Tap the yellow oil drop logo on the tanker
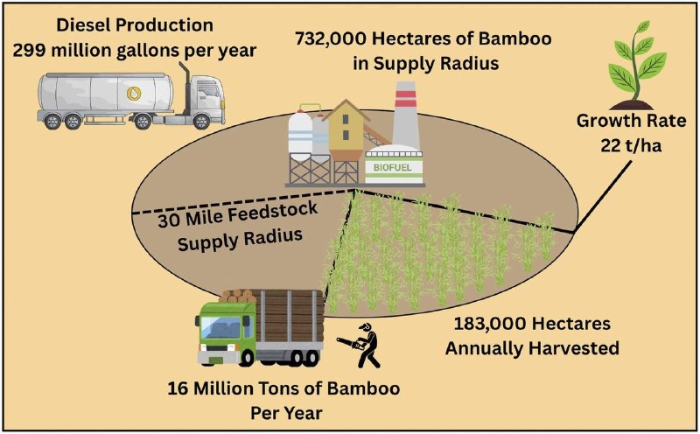(134, 94)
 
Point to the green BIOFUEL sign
(392, 168)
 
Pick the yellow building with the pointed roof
(346, 130)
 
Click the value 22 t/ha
(631, 145)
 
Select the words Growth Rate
(631, 121)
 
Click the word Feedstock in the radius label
(273, 213)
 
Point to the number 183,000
(487, 323)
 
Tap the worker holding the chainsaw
(362, 345)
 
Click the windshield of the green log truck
(222, 326)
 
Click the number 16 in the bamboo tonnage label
(177, 388)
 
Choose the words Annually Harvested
(532, 348)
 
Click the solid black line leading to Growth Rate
(603, 197)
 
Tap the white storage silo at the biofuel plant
(300, 133)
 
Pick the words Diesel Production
(135, 25)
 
